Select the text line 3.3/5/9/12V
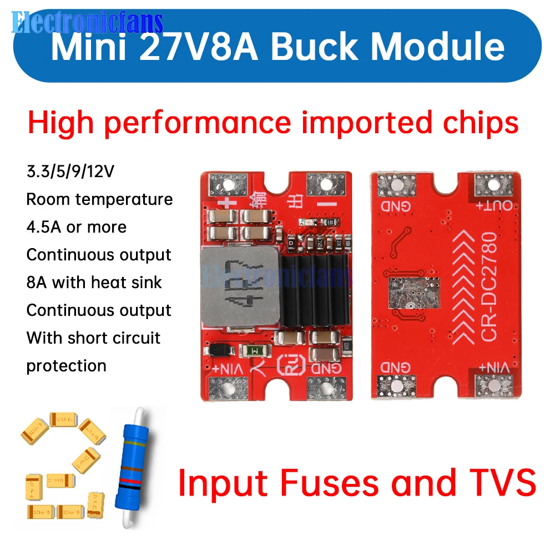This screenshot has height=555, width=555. (x=70, y=171)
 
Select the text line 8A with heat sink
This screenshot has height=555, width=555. (x=94, y=282)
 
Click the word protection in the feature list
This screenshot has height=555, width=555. (x=67, y=366)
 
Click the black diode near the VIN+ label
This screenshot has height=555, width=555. (x=218, y=350)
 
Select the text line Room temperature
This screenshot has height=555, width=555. (x=100, y=199)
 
